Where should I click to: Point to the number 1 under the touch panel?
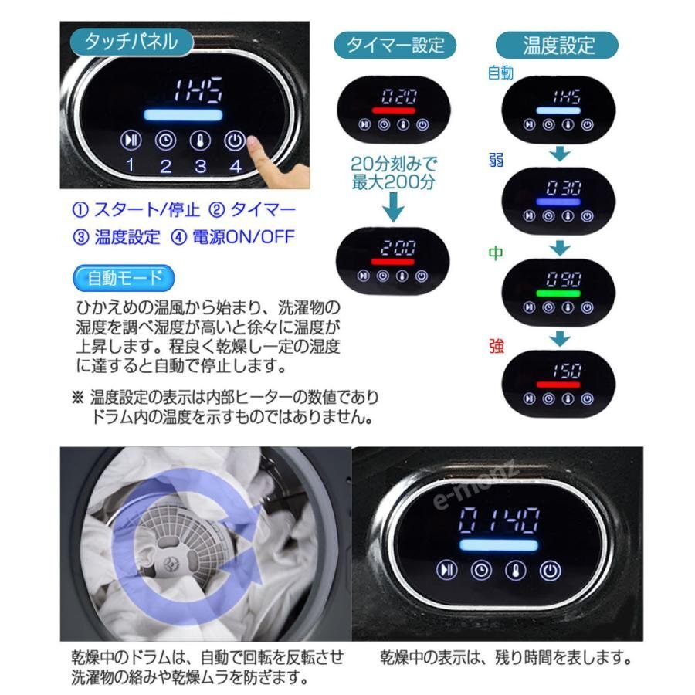[x=131, y=164]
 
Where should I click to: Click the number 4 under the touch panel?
[x=235, y=165]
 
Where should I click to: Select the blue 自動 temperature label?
[x=500, y=73]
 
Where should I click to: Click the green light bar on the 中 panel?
[x=558, y=293]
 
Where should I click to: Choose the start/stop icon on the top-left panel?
[x=131, y=141]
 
